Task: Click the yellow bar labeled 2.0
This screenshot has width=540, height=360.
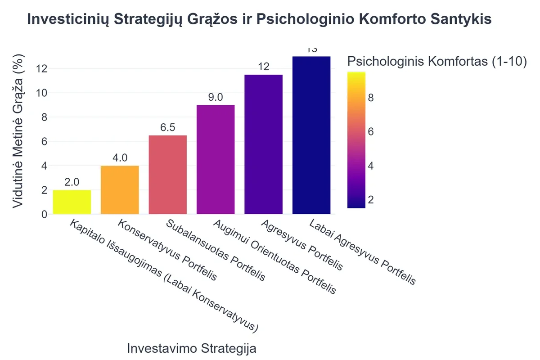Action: pyautogui.click(x=72, y=202)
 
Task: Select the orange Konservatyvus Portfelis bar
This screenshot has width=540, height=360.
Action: pyautogui.click(x=120, y=190)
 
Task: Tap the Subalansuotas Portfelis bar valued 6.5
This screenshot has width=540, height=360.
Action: pyautogui.click(x=167, y=175)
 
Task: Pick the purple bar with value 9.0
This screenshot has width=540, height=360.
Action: pyautogui.click(x=216, y=159)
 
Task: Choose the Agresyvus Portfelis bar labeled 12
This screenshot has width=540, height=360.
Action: pyautogui.click(x=263, y=144)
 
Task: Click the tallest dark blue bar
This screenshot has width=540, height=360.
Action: pyautogui.click(x=311, y=135)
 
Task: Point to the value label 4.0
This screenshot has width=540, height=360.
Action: pyautogui.click(x=120, y=158)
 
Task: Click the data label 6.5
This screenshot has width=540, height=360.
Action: pyautogui.click(x=167, y=127)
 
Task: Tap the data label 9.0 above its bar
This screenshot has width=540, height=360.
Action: pyautogui.click(x=216, y=97)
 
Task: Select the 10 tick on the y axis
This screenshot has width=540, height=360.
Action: pyautogui.click(x=41, y=93)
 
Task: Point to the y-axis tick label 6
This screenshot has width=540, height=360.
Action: pyautogui.click(x=44, y=142)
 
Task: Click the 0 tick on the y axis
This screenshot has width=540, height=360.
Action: pyautogui.click(x=44, y=215)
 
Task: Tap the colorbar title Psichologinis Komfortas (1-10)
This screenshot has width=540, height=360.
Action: pyautogui.click(x=437, y=62)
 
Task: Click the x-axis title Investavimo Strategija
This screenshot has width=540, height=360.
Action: pyautogui.click(x=192, y=349)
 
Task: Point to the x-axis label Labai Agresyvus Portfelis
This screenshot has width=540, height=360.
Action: pyautogui.click(x=362, y=252)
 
